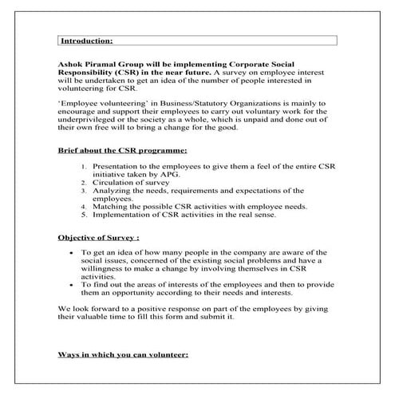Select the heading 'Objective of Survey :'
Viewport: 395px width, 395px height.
tap(98, 237)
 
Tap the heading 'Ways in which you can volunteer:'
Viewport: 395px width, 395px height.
tap(123, 353)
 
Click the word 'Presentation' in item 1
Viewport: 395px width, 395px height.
tap(118, 166)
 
